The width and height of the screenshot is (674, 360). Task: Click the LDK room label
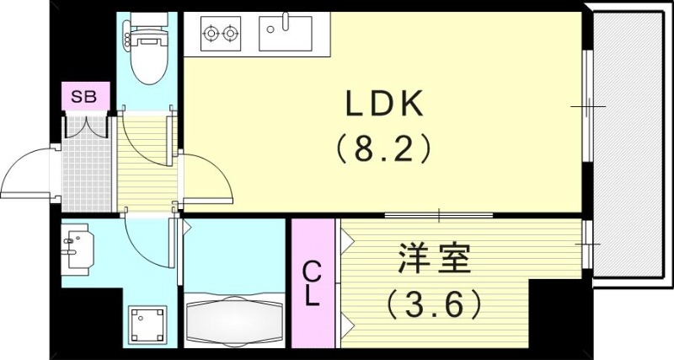(384, 104)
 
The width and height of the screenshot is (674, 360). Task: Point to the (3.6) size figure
(433, 302)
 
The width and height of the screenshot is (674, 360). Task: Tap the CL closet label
(312, 284)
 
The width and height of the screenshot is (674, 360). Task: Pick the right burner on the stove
(230, 35)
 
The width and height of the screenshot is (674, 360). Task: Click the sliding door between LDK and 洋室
(438, 216)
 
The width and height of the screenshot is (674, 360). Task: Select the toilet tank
(148, 36)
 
